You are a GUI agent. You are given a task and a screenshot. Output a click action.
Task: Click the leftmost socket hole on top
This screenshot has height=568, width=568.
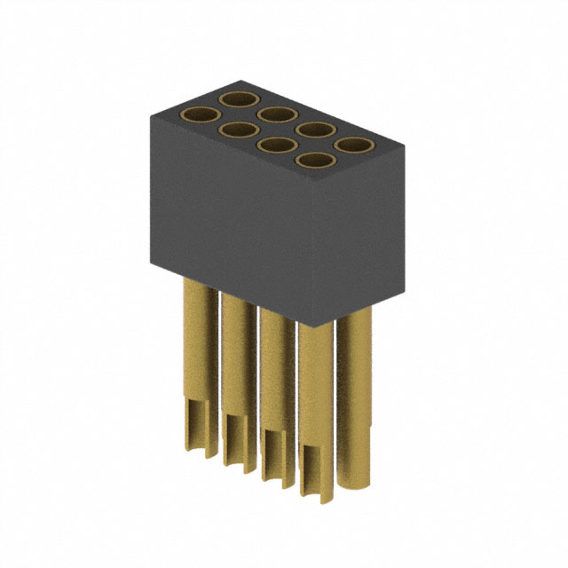pyautogui.click(x=200, y=115)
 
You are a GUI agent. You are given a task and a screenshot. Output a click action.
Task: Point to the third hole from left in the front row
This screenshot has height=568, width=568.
pyautogui.click(x=276, y=146)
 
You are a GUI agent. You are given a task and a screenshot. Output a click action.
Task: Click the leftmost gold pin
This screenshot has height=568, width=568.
pyautogui.click(x=200, y=355)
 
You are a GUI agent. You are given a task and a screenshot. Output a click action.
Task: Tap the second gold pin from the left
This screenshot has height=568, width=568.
pyautogui.click(x=238, y=373)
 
